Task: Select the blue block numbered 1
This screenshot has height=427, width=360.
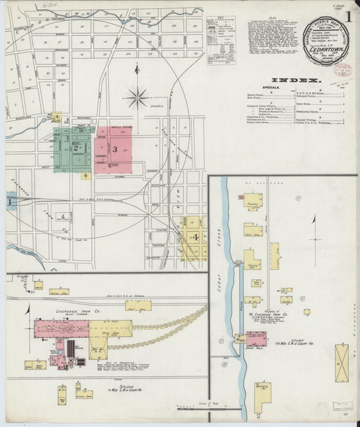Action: (x=9, y=201)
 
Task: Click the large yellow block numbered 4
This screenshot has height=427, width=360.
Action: (x=194, y=238)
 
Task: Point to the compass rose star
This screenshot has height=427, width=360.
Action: (x=138, y=99)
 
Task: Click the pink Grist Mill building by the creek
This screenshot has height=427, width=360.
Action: (x=256, y=338)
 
